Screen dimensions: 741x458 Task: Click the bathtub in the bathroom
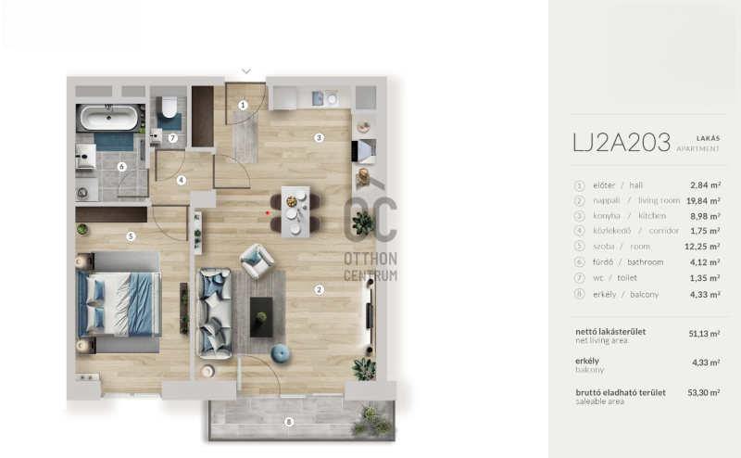pos(109,118)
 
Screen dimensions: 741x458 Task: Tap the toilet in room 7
pos(169,107)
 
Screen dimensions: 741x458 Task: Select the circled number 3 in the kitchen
pos(319,138)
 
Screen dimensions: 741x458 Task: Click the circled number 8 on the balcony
pos(289,422)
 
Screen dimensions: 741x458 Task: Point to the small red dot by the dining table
pos(268,213)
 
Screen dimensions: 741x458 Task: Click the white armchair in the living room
pos(257,261)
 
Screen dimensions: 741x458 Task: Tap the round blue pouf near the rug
pos(281,353)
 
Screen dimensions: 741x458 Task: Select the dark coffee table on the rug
pos(261,317)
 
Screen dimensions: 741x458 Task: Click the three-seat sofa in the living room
pos(214,313)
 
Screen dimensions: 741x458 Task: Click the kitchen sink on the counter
pos(319,98)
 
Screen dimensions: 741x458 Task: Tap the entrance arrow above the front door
pos(246,71)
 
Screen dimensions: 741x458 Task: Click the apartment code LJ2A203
pos(622,143)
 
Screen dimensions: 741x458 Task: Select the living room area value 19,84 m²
pos(703,200)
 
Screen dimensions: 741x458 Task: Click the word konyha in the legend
pos(607,216)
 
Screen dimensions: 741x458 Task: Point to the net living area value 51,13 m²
pos(704,334)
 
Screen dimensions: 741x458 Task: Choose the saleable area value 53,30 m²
pos(704,393)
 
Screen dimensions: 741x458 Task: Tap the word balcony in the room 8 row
pos(644,294)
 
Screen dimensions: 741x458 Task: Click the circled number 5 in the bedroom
pos(131,236)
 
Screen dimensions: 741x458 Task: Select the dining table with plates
pos(295,211)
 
